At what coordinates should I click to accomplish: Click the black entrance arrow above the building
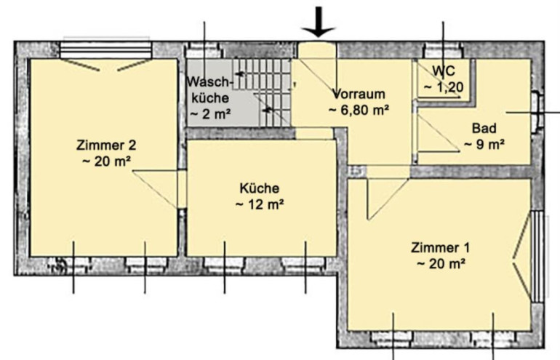[318, 22]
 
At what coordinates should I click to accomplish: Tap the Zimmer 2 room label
[106, 145]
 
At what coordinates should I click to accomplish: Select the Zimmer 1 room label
[440, 247]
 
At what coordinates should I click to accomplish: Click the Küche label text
[260, 188]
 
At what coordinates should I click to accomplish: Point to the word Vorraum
[359, 94]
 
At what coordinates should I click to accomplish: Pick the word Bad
[484, 128]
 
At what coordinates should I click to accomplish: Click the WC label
[444, 71]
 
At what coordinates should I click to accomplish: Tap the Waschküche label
[210, 89]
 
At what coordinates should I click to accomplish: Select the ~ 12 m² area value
[260, 204]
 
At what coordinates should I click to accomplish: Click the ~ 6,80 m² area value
[359, 110]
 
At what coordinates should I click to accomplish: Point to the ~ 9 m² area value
[484, 144]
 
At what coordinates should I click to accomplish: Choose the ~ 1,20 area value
[444, 87]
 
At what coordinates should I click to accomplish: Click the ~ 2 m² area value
[210, 114]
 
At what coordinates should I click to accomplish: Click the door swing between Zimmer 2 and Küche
[156, 189]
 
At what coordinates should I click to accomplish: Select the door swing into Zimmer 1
[388, 199]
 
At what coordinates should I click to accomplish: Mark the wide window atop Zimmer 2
[106, 50]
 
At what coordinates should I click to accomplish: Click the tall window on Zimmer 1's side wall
[537, 257]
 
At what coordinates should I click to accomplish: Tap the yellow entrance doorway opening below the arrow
[317, 50]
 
